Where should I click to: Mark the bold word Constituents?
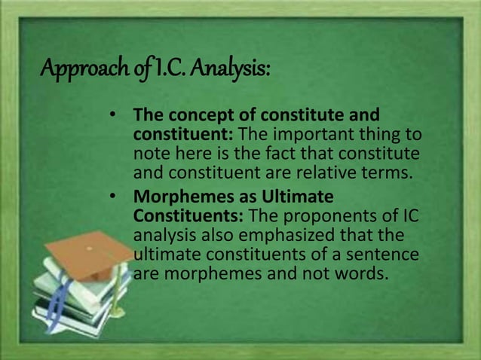pyautogui.click(x=180, y=216)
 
